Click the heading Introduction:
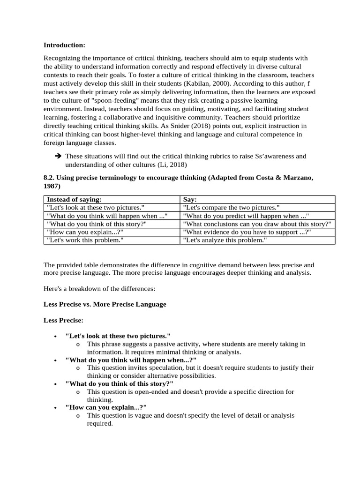pos(64,45)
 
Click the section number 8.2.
pos(50,177)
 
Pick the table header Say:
pos(190,199)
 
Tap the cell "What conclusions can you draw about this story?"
pos(257,224)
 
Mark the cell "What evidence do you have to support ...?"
pos(247,232)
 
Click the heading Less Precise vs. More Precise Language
pos(105,304)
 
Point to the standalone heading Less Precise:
pos(63,321)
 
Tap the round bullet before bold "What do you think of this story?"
pos(55,383)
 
